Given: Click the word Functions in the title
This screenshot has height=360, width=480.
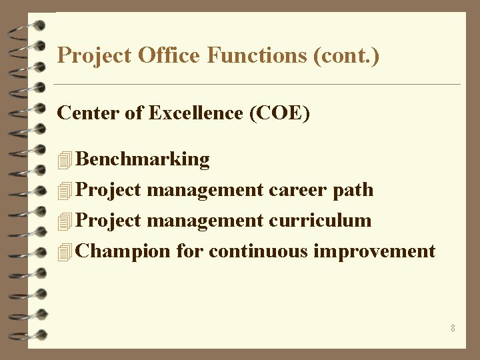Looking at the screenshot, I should (256, 55).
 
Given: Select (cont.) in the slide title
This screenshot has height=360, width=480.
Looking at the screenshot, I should (345, 55).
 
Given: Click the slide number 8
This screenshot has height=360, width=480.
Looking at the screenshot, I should (453, 328).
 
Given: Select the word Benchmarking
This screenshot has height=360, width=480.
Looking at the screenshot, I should (143, 159).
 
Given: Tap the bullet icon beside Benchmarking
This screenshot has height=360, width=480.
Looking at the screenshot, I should (64, 160).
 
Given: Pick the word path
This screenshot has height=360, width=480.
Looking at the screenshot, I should (353, 190).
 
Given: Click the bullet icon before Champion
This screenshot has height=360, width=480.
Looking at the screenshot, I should (64, 252).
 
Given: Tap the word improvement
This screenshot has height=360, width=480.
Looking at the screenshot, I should (374, 251).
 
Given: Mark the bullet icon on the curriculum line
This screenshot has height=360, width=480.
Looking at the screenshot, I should (64, 221).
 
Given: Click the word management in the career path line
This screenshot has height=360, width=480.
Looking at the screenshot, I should (205, 190).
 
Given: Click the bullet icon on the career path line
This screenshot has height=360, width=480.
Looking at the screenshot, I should (64, 191).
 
